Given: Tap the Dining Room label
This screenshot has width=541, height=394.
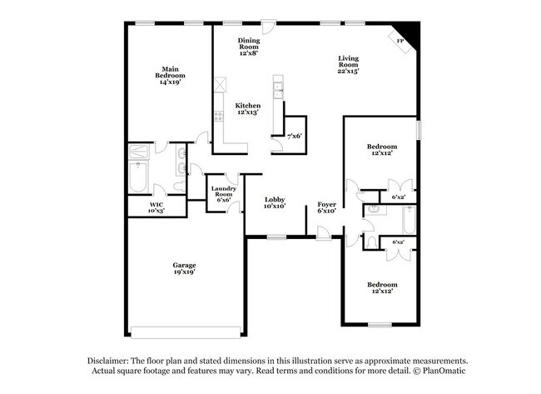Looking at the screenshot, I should (x=249, y=44).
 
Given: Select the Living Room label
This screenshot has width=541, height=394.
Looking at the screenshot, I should (x=348, y=61).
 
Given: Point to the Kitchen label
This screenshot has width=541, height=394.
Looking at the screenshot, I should (x=247, y=106).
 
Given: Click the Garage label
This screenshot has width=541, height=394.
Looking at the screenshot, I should (x=185, y=266).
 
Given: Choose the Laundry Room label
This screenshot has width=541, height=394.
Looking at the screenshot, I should (x=223, y=192).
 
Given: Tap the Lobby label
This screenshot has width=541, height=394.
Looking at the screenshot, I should (x=275, y=200).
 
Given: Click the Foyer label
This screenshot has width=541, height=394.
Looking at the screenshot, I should (x=326, y=204).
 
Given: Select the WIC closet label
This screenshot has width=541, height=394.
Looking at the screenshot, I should (x=156, y=205).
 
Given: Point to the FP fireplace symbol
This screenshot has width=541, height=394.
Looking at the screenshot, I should (x=400, y=41).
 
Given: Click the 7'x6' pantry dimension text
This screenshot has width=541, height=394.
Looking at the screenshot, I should (x=294, y=136).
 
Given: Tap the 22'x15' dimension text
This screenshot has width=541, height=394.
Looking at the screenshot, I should (x=348, y=72).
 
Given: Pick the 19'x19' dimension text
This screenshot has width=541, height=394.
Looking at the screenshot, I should (x=185, y=272).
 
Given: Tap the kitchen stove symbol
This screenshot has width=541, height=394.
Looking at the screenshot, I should (x=218, y=118).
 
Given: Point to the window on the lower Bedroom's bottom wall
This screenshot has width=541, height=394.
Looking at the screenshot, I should (x=380, y=325).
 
